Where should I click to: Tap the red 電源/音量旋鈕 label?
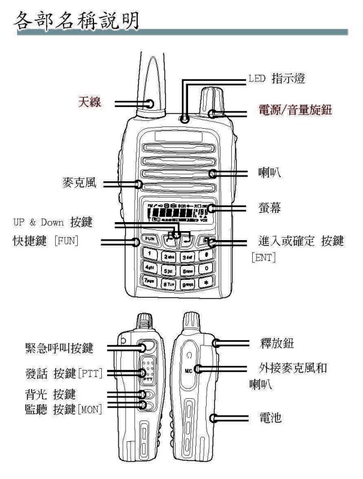[301, 111]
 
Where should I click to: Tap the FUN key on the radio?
[150, 239]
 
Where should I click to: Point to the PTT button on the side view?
[147, 376]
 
